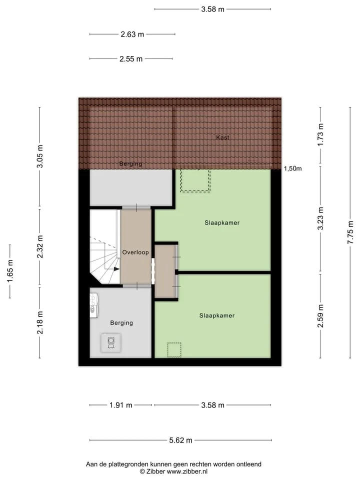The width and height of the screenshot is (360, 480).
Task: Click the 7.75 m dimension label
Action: tap(350, 232)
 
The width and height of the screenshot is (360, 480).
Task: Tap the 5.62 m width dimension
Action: tap(180, 440)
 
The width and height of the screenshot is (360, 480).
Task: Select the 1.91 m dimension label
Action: tap(121, 405)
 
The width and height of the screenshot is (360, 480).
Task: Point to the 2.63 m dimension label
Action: tap(132, 34)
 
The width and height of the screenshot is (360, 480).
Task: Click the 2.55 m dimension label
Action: tap(131, 59)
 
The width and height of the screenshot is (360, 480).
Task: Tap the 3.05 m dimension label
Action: tap(40, 156)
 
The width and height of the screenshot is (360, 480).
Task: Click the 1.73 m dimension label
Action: tap(320, 134)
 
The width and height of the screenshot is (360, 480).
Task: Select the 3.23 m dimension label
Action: tap(320, 218)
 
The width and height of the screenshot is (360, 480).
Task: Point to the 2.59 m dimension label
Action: tap(320, 316)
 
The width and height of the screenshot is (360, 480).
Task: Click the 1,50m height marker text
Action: tap(292, 168)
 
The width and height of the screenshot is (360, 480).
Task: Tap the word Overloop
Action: tap(135, 252)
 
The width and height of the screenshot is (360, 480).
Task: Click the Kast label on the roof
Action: tap(222, 137)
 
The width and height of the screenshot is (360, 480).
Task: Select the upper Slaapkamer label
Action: tap(222, 222)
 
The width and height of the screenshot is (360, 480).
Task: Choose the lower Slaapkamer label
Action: tap(216, 315)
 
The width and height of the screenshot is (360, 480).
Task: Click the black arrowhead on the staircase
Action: tap(116, 269)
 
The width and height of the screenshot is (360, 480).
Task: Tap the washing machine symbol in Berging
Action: tap(111, 342)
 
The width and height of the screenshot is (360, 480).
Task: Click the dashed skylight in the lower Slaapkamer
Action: tap(174, 349)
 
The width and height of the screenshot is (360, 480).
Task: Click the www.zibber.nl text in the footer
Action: tap(187, 471)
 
